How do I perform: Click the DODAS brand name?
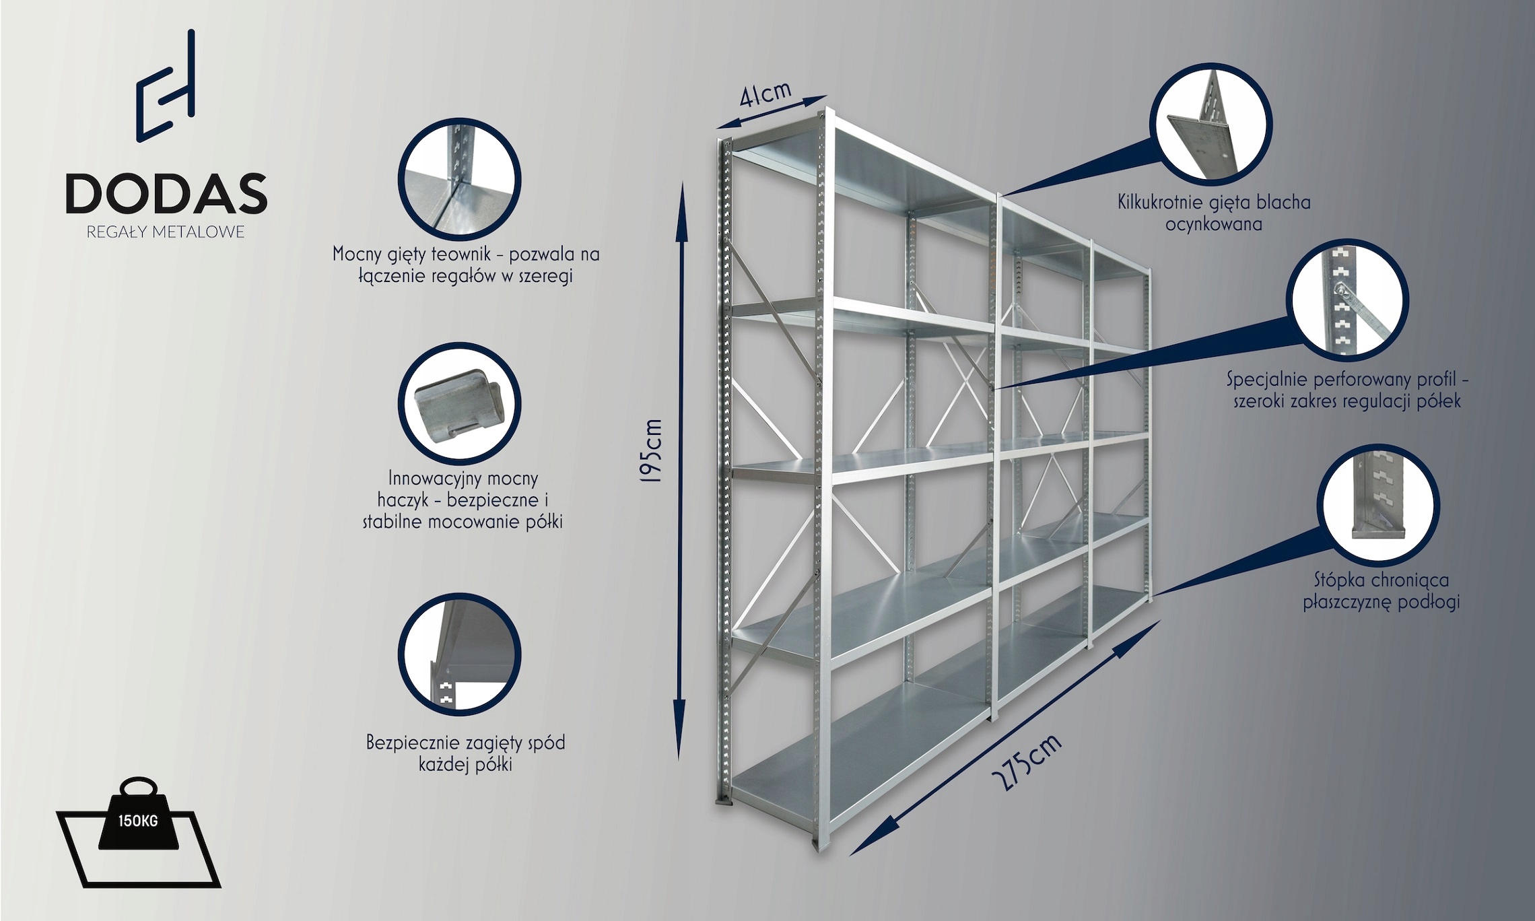166,194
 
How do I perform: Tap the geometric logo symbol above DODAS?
166,86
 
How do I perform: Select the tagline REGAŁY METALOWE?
166,232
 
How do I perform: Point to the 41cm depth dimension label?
765,94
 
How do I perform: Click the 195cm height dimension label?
652,450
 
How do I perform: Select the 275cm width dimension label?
1027,761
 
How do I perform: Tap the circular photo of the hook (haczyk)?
460,404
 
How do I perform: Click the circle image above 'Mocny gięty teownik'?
460,180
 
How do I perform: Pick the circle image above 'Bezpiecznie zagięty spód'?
460,654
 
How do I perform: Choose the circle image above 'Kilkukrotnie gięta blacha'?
1210,125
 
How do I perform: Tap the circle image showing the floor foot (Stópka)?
1378,505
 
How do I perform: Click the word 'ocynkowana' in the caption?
1214,224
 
